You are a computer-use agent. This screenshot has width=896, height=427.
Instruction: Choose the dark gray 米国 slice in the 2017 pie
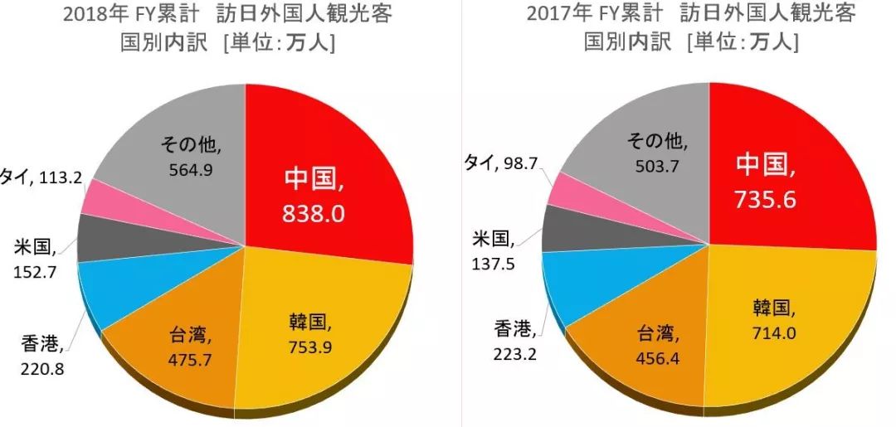pos(572,227)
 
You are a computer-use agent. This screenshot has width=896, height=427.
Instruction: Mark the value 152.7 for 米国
pos(36,271)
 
